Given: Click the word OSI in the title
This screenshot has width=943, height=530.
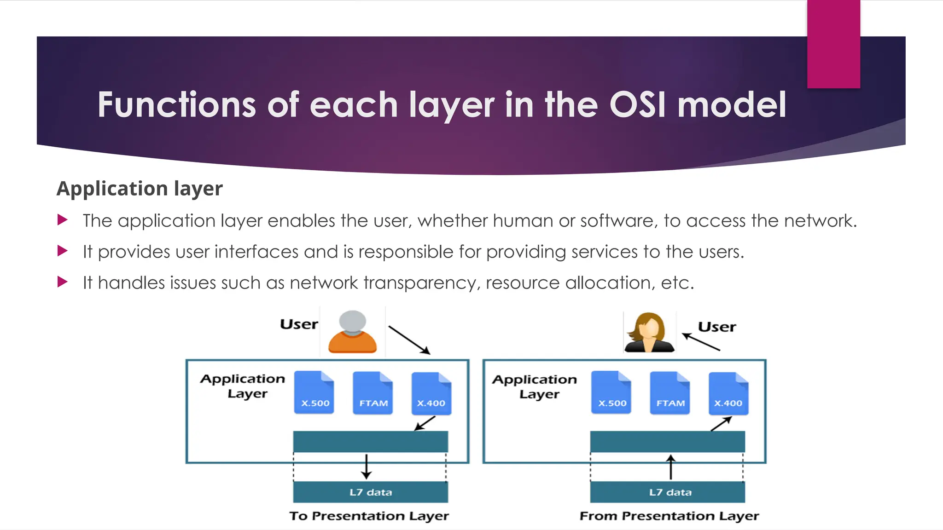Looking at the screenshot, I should (637, 105).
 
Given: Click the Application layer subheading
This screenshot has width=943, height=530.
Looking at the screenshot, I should (140, 189).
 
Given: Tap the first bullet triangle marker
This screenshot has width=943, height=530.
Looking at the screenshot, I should (63, 220).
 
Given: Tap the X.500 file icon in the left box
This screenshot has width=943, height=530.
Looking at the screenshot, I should (314, 392).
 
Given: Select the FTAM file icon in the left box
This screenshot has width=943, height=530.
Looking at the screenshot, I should (373, 393).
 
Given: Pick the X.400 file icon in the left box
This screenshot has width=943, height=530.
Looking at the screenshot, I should (431, 393).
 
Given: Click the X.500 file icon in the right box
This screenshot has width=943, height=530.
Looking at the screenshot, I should (611, 392).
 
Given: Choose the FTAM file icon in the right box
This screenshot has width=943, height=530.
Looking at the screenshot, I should (670, 393).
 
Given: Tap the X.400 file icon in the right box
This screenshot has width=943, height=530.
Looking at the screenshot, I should (728, 393).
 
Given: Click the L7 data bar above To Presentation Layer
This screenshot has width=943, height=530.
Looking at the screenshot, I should (371, 492).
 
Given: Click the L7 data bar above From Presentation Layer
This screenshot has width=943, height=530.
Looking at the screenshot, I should (668, 492).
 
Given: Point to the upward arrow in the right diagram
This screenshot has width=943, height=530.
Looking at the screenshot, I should (671, 467).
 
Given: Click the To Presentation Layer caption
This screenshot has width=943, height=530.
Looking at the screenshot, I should (369, 516).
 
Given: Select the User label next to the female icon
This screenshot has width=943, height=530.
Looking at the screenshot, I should (717, 327).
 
